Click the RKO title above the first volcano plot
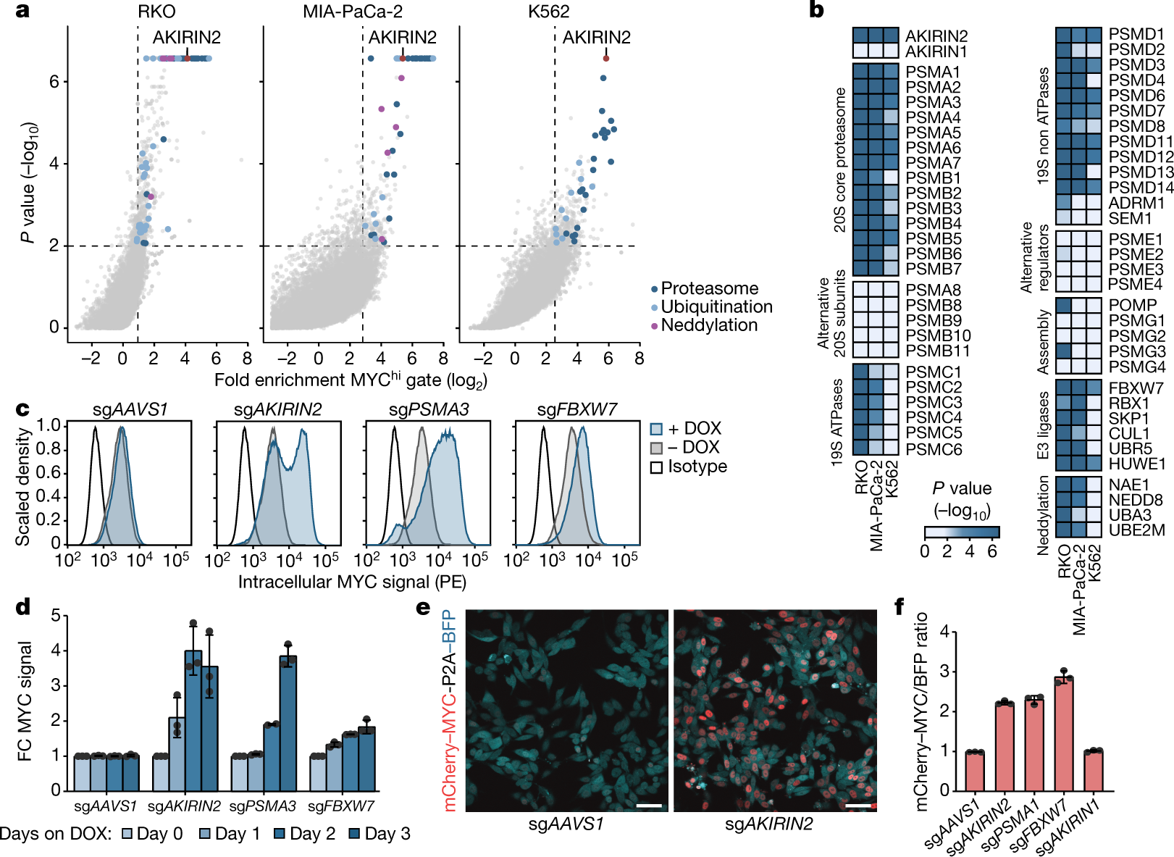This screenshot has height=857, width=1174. pos(156,12)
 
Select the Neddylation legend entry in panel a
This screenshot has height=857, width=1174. pos(708,325)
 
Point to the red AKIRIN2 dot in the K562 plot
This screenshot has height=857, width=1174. pos(606,59)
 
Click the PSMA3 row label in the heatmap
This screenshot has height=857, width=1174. pos(933,102)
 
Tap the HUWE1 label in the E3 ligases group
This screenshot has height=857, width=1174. pos(1137,464)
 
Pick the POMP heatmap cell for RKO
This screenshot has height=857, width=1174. pos(1063,305)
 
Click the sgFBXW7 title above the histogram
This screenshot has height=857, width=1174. pos(576,410)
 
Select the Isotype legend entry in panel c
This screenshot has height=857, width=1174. pos(697,467)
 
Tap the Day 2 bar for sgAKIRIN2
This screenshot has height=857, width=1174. pos(193,720)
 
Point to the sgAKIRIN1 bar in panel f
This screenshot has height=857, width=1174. pos(1094,771)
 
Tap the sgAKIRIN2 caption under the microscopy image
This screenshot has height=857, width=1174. pos(768,824)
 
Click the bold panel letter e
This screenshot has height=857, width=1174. pos(424,607)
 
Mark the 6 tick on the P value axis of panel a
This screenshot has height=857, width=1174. pos(54,82)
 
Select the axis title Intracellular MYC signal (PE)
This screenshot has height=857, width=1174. pos(352,582)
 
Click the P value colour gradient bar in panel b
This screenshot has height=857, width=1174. pos(962,532)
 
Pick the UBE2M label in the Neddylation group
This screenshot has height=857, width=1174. pos(1137,530)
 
